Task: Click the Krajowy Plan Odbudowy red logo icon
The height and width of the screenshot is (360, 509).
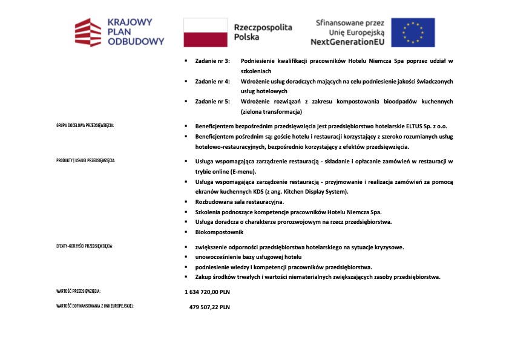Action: pos(87,32)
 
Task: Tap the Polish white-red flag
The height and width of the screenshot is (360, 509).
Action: pos(205,32)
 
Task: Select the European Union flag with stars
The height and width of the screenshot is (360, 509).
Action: pos(413,32)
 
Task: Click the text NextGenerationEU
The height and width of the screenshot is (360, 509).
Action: pos(347,42)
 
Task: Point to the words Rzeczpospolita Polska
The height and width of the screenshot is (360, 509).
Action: pos(263,32)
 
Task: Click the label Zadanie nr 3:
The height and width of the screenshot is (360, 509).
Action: pos(212,61)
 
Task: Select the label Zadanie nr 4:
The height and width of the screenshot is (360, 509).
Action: pos(212,81)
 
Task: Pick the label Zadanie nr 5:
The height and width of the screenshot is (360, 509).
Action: pos(212,101)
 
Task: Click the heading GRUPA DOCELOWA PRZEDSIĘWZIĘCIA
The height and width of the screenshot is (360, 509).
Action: pos(85,126)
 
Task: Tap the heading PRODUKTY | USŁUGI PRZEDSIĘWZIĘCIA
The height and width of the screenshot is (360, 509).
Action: pos(85,161)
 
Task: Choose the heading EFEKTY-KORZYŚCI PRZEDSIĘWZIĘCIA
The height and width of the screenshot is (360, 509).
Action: pos(84,247)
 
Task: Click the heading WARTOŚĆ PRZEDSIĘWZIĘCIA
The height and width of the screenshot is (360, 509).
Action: pos(78,292)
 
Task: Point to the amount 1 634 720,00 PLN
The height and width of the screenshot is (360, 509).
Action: pos(208,292)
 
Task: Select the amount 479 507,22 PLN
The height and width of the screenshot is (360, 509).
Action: pos(209,307)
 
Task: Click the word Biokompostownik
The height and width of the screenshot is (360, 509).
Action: pos(219,232)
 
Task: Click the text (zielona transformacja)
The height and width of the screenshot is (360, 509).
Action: pos(271,111)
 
